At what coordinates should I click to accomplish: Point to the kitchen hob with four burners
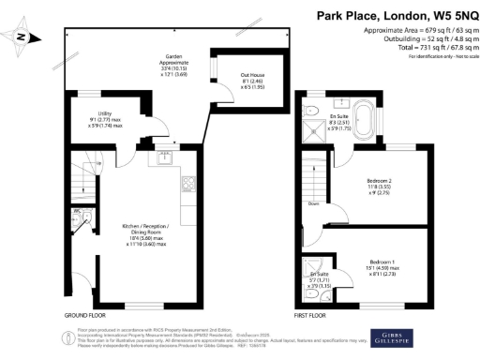point(188,184)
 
